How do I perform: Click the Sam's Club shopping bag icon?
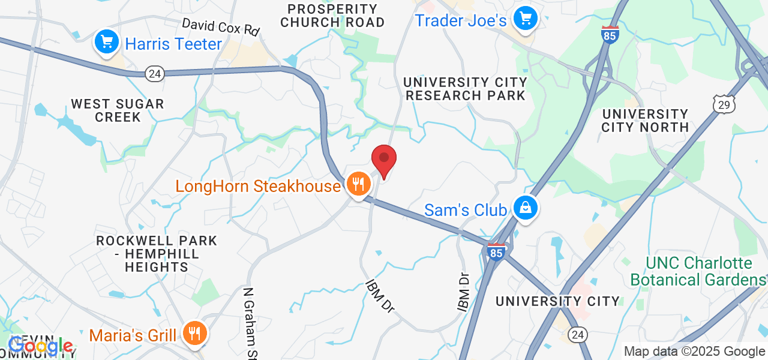click(526, 208)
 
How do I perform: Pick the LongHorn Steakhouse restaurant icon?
click(359, 184)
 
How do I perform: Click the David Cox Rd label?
click(220, 26)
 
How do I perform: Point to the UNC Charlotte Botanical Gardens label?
click(698, 272)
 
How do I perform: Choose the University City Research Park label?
click(465, 89)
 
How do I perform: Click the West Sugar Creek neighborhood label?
click(118, 110)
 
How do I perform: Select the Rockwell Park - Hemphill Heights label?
click(157, 254)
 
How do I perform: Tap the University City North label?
click(645, 121)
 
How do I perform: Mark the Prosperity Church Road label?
click(332, 16)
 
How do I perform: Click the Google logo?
click(41, 346)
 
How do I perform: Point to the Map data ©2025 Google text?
click(694, 352)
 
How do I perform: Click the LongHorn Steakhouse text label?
click(258, 186)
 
